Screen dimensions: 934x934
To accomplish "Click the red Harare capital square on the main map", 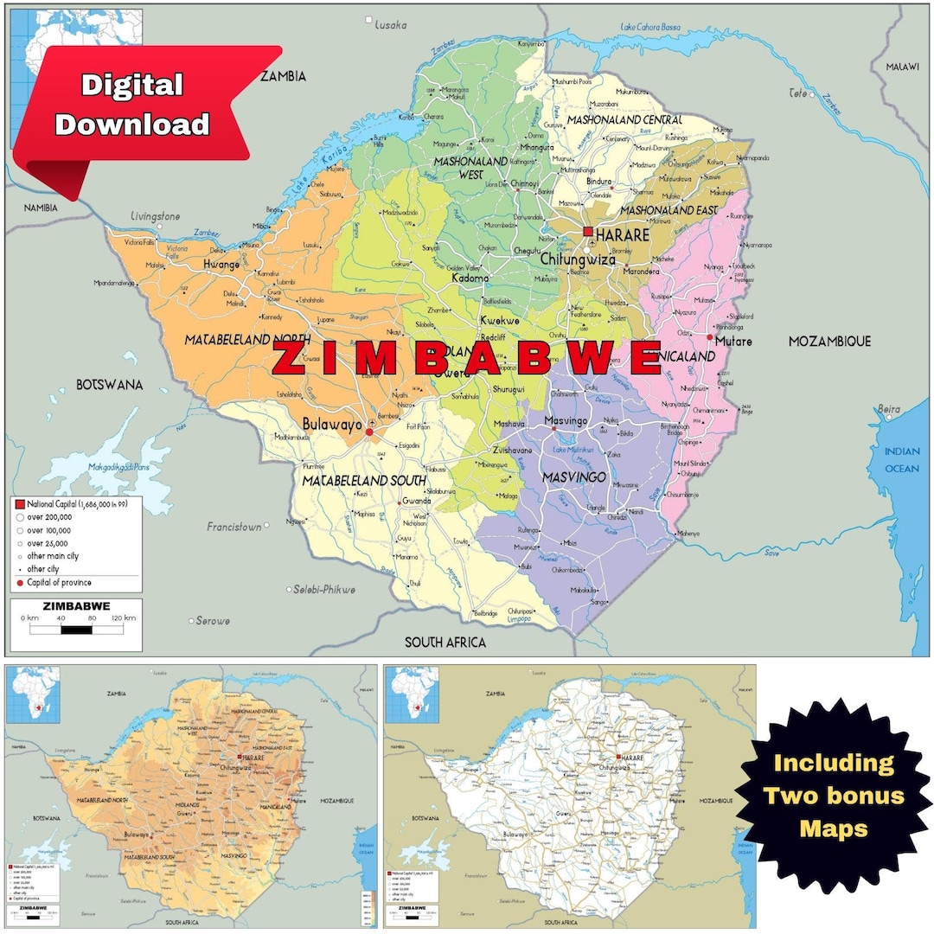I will [588, 232].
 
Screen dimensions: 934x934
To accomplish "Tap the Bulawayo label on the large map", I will [332, 424].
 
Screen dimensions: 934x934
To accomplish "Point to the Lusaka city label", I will [390, 25].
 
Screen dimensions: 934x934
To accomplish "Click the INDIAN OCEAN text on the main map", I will [901, 459].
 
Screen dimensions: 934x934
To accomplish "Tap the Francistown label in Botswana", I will [233, 526].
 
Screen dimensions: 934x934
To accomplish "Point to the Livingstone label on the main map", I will [155, 215].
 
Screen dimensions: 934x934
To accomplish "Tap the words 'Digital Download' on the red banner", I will [132, 105].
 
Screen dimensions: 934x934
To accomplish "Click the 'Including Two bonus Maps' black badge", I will [834, 796].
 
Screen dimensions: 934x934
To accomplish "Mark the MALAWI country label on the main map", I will [907, 67].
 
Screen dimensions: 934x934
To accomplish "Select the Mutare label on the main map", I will [733, 342].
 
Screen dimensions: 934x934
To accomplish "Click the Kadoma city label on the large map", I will [470, 278].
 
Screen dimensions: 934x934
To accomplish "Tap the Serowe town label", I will [213, 620].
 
